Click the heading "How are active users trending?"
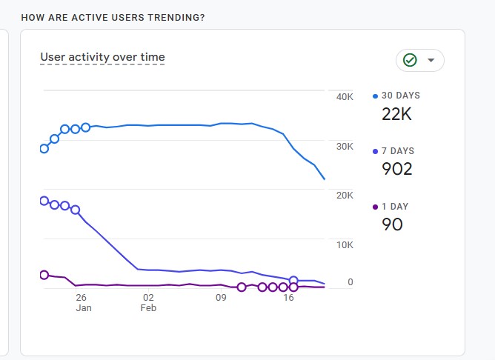coord(113,17)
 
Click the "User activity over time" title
coord(102,57)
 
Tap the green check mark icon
coord(410,60)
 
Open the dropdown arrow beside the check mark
coord(431,60)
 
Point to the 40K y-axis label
coord(345,98)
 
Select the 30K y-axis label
coord(345,147)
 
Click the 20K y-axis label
coord(345,196)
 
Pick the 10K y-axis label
coord(345,244)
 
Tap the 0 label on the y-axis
coord(350,282)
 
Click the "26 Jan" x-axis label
coord(83,302)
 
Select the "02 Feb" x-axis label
coord(148,302)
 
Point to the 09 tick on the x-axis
coord(221,298)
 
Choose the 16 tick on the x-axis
coord(289,298)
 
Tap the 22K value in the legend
coord(397,114)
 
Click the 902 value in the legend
coord(397,169)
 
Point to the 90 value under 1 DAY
coord(392,224)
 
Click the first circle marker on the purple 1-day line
coord(44,275)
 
